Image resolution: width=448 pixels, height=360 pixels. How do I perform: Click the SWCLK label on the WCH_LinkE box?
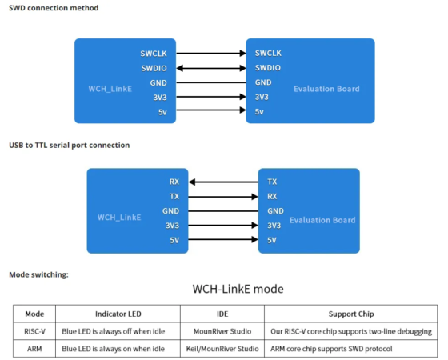(154, 53)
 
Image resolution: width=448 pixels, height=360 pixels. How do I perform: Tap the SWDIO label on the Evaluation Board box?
(268, 68)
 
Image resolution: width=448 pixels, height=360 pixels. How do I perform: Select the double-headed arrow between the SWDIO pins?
(210, 68)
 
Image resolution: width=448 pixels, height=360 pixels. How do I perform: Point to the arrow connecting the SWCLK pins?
(210, 53)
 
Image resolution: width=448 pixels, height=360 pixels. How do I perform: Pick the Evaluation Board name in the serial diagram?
(322, 220)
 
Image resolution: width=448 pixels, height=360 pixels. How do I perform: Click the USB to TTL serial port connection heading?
(69, 146)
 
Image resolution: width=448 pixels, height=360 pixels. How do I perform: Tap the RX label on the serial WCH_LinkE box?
(174, 182)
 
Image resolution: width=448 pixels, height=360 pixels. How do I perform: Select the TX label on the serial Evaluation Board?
(272, 182)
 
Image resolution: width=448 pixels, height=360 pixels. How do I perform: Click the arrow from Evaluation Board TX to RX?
(224, 182)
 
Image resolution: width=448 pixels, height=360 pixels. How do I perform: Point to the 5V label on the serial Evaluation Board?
(272, 240)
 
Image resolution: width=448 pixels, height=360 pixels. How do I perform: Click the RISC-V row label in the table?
(34, 331)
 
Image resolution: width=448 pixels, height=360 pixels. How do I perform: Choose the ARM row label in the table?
(34, 349)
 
